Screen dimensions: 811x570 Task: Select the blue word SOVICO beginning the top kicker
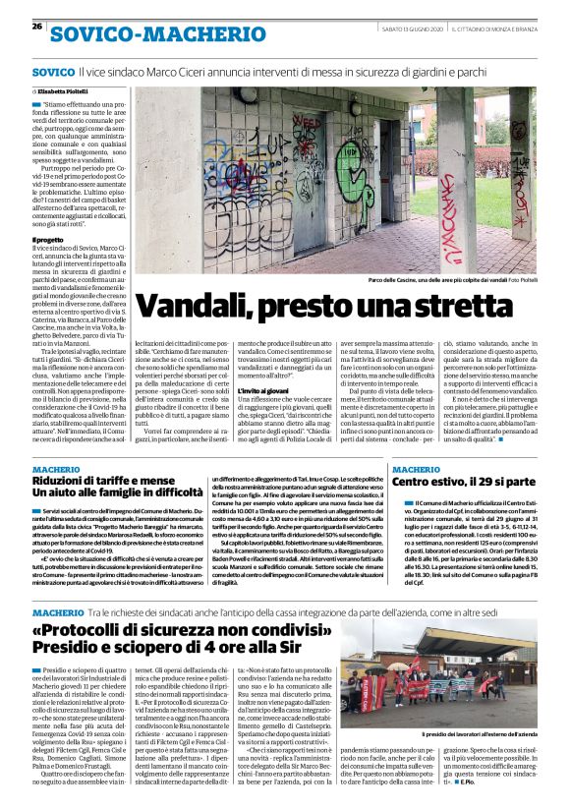tap(53, 73)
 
